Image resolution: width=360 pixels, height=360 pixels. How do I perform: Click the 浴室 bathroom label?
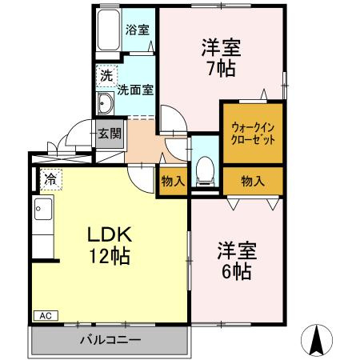tap(137, 30)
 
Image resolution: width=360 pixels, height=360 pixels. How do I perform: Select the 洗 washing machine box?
tap(106, 77)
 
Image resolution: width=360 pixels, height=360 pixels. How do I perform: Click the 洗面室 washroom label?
tap(135, 90)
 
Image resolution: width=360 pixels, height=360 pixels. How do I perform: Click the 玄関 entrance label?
tap(109, 134)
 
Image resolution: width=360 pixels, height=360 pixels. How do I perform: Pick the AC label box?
tap(46, 316)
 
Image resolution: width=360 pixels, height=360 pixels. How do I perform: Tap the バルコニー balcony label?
tap(110, 340)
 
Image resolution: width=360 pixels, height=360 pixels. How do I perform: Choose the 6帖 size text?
tap(236, 270)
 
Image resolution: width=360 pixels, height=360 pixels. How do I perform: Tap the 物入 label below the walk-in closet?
tap(252, 181)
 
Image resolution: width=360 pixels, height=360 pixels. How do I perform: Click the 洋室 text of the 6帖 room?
tap(236, 249)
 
